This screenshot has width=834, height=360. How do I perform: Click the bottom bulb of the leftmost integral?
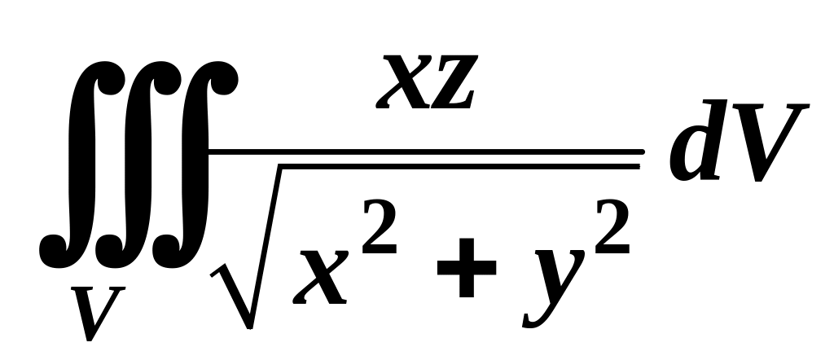(51, 244)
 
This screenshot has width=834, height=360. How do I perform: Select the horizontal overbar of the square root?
(456, 166)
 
